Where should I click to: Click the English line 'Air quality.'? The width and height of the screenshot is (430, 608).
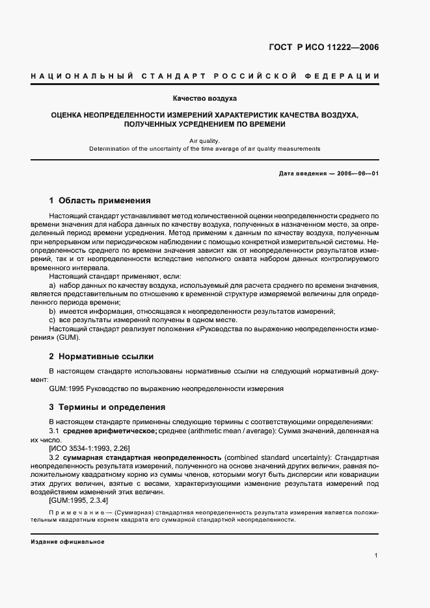pyautogui.click(x=204, y=140)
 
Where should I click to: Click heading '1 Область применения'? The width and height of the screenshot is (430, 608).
pyautogui.click(x=100, y=200)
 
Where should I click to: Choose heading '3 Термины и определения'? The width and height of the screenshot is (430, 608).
pyautogui.click(x=107, y=407)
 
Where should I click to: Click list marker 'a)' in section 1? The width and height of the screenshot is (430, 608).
pyautogui.click(x=53, y=286)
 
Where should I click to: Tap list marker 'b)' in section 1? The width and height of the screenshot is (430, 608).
pyautogui.click(x=53, y=311)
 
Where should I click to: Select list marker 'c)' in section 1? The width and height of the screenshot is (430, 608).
pyautogui.click(x=53, y=320)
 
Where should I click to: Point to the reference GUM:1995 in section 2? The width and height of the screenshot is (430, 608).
pyautogui.click(x=64, y=388)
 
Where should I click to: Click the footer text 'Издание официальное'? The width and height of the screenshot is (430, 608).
pyautogui.click(x=67, y=542)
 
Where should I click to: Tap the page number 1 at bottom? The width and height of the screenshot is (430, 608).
pyautogui.click(x=377, y=555)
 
